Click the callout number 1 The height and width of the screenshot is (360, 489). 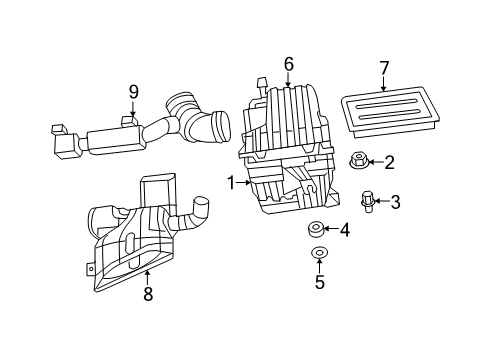click(231, 183)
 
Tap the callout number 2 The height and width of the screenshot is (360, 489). click(389, 162)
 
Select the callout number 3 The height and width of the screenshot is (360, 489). click(395, 203)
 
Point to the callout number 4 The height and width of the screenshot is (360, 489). click(345, 231)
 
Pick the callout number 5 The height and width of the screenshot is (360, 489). click(320, 282)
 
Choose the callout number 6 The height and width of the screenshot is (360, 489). click(288, 64)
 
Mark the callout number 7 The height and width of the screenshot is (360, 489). click(383, 68)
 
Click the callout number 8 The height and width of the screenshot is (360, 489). click(148, 294)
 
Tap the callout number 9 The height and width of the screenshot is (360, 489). click(133, 92)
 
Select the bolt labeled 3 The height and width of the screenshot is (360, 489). click(368, 201)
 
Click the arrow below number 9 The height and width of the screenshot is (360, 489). click(133, 113)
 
